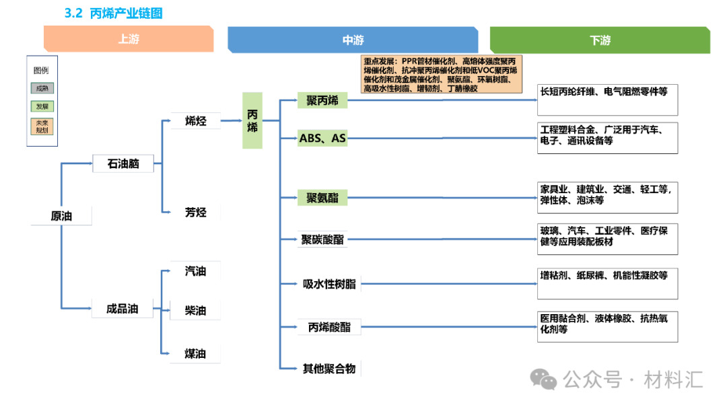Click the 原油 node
(61, 216)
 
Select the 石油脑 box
(123, 163)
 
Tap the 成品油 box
(123, 309)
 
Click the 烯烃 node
(196, 121)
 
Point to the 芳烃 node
(196, 213)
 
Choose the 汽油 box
(196, 271)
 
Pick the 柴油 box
(196, 311)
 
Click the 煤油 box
(196, 354)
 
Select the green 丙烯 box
(252, 120)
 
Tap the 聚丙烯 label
(322, 101)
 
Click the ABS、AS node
(322, 139)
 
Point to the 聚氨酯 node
(322, 198)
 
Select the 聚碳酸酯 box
(322, 239)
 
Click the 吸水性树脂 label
(329, 284)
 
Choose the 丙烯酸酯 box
(329, 328)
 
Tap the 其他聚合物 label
(329, 368)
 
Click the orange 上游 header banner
(129, 40)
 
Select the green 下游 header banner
(600, 40)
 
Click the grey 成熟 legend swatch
(42, 88)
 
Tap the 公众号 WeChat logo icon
(543, 379)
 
